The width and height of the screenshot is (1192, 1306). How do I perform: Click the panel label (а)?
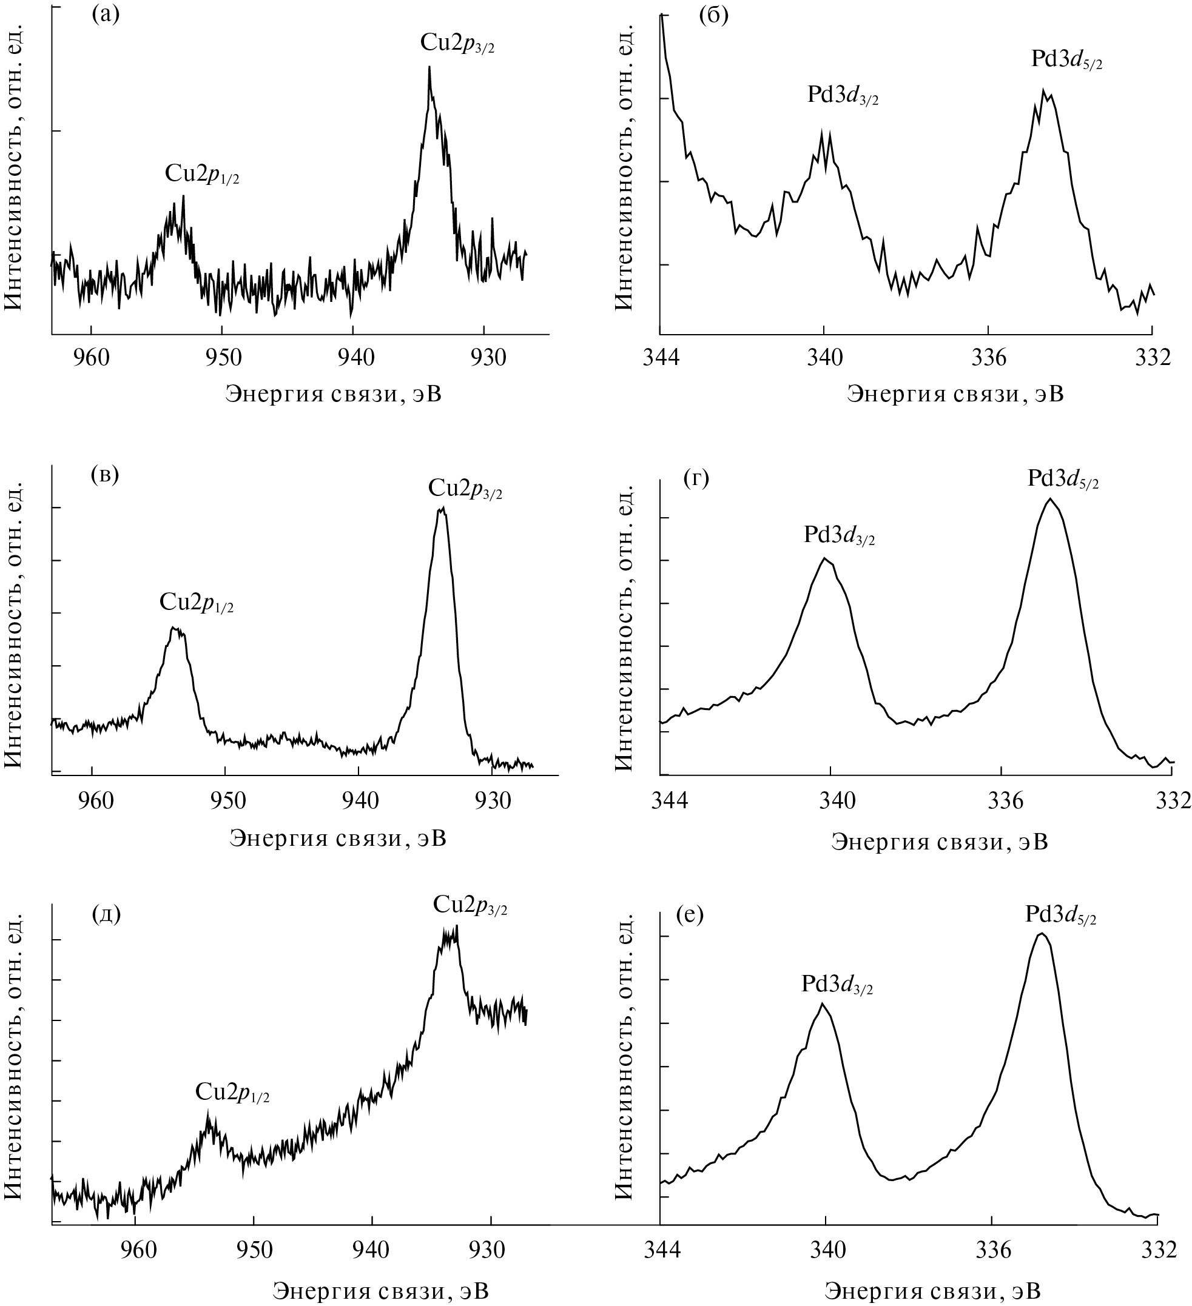106,15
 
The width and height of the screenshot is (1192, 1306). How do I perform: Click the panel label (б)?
713,15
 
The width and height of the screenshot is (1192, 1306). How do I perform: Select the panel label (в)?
105,476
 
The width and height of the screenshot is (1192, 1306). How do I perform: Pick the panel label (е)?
690,916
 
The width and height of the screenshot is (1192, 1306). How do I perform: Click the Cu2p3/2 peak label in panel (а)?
457,44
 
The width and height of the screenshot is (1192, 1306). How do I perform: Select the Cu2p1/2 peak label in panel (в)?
197,603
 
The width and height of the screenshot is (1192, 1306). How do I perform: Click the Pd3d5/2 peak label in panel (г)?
1063,480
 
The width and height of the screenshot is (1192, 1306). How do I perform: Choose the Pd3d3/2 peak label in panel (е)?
837,983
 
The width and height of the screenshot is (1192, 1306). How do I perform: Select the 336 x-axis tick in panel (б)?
988,358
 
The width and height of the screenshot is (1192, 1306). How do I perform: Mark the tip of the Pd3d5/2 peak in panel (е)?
1041,934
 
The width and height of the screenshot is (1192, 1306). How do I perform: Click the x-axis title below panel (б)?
955,394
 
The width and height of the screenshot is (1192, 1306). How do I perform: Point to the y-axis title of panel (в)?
15,625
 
